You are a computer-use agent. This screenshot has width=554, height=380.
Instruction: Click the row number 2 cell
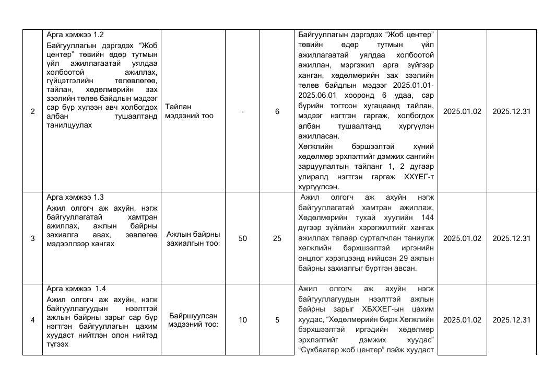tap(32, 111)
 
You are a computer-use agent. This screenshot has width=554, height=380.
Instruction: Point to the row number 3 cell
tap(32, 238)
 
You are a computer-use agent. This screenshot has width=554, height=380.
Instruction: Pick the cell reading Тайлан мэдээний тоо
tap(189, 111)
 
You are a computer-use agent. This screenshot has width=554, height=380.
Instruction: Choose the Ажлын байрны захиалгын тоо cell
tap(193, 238)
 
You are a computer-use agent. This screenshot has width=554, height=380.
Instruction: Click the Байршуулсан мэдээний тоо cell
tap(193, 320)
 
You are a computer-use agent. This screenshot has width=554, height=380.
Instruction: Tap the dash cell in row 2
tap(243, 111)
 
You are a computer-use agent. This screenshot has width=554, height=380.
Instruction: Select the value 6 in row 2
tap(277, 111)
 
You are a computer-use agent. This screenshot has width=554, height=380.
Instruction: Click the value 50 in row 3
tap(243, 238)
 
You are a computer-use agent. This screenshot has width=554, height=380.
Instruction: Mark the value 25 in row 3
tap(277, 238)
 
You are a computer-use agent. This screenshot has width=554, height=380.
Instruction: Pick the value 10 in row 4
tap(243, 320)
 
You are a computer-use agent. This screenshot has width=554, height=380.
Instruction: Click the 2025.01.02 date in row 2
tap(462, 111)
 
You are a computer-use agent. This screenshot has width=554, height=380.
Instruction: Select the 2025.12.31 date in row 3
tap(512, 238)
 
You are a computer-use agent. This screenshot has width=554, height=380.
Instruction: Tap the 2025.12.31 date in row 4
tap(512, 320)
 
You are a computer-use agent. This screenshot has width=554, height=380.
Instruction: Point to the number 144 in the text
tap(428, 217)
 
